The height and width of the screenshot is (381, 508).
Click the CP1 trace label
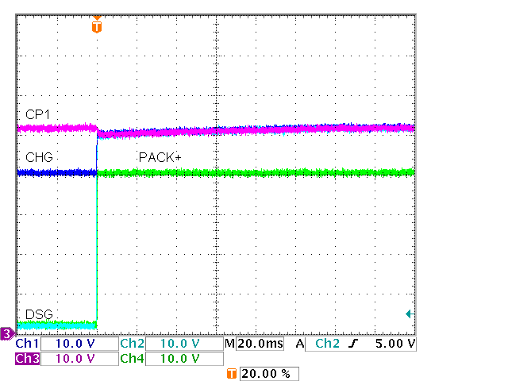pos(37,115)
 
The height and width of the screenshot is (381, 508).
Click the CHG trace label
pos(39,157)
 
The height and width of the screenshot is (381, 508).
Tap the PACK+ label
pos(160,157)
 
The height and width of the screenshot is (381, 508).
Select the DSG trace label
pos(38,314)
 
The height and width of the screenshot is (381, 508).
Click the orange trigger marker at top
pos(97,26)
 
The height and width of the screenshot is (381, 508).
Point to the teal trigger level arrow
pos(409,314)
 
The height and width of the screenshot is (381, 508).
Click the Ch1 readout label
pos(27,344)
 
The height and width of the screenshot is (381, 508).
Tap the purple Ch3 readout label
pos(27,358)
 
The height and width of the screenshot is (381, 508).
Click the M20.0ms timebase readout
pos(254,344)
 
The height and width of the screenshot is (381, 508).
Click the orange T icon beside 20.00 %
pos(232,373)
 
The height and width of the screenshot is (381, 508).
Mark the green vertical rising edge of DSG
pos(97,246)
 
